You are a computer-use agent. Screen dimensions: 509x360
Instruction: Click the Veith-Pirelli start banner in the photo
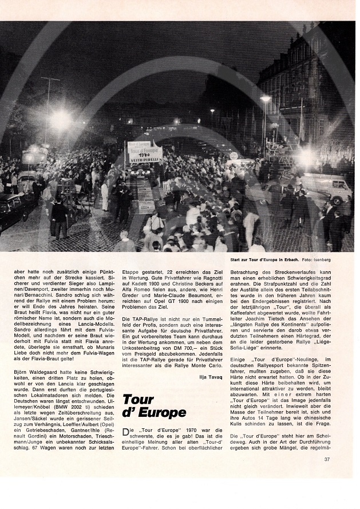point(145,153)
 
